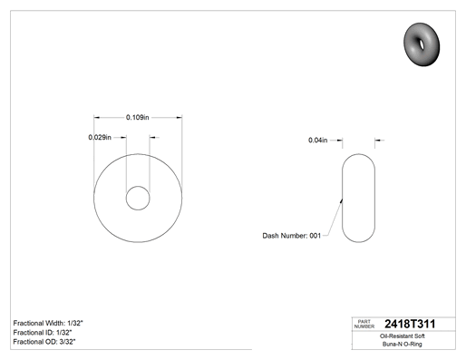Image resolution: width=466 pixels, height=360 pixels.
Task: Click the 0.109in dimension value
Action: pyautogui.click(x=138, y=117)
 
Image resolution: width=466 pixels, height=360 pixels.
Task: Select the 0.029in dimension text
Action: pyautogui.click(x=100, y=138)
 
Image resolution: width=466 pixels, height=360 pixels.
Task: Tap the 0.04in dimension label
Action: pyautogui.click(x=317, y=141)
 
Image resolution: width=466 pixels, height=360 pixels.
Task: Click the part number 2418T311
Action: pyautogui.click(x=410, y=324)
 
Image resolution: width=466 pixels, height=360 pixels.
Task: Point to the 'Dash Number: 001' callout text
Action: pyautogui.click(x=291, y=236)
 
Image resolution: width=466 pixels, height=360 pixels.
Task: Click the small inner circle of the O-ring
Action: pyautogui.click(x=138, y=187)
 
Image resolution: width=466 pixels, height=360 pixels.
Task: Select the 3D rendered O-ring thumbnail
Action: pyautogui.click(x=422, y=44)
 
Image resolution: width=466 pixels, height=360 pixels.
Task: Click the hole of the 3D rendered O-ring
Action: pyautogui.click(x=422, y=44)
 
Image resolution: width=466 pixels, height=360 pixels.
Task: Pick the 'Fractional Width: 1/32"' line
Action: pyautogui.click(x=48, y=323)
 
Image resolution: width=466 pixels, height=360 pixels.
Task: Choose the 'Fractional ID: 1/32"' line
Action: pyautogui.click(x=43, y=333)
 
